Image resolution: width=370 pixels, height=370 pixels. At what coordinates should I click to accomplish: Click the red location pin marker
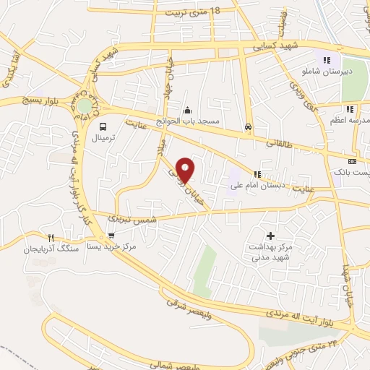click(186, 169)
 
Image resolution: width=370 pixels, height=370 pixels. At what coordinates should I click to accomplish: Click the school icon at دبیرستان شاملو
click(327, 61)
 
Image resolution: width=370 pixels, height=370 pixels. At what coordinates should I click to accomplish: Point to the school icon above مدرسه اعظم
click(350, 109)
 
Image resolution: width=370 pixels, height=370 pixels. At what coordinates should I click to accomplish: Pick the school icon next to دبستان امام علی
click(257, 173)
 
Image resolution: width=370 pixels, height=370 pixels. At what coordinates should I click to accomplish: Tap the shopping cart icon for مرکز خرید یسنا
click(111, 236)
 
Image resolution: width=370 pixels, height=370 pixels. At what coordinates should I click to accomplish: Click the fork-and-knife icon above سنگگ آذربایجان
click(51, 237)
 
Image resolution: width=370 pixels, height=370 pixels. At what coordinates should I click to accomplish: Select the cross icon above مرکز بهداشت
click(271, 236)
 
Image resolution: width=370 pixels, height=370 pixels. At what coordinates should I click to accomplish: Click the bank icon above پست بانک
click(352, 162)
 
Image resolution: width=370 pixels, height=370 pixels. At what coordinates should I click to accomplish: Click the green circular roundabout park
click(85, 106)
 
